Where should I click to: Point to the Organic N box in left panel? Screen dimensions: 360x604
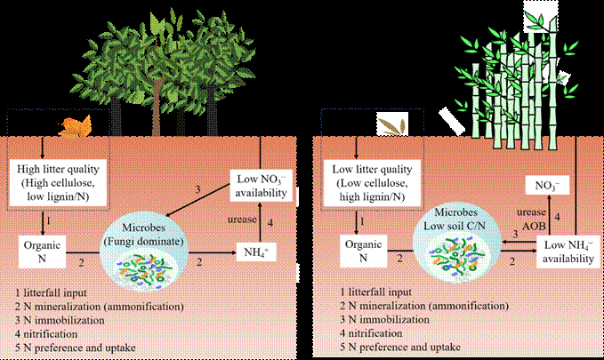click(x=38, y=251)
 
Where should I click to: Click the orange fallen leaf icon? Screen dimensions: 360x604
click(x=69, y=131)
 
